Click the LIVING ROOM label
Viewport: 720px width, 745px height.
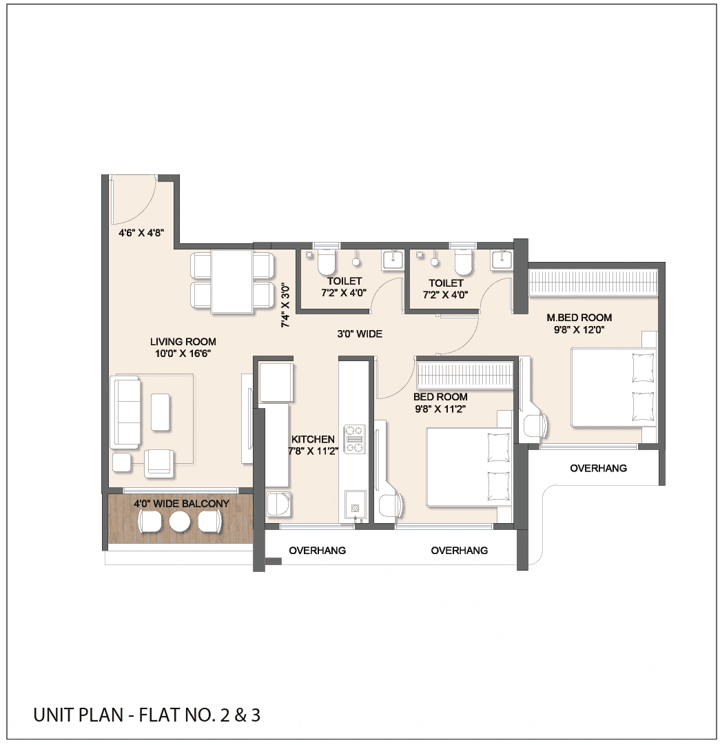click(x=183, y=341)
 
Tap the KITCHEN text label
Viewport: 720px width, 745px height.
click(x=313, y=439)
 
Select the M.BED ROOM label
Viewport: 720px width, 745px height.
click(x=579, y=318)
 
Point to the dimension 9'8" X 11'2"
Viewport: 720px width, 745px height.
click(x=440, y=409)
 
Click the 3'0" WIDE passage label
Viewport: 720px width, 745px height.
click(x=359, y=334)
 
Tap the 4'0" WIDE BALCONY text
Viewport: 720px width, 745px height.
click(x=181, y=504)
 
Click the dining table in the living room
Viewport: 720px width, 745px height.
click(x=232, y=281)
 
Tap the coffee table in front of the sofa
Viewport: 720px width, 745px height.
click(x=160, y=411)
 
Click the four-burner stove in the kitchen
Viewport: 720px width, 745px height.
click(x=354, y=438)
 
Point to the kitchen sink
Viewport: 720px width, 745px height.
click(x=355, y=505)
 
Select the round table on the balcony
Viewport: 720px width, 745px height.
click(x=180, y=522)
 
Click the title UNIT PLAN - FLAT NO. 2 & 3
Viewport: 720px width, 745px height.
click(x=147, y=715)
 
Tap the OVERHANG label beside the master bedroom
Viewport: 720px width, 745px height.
click(x=598, y=469)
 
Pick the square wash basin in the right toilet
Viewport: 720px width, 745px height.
click(x=502, y=261)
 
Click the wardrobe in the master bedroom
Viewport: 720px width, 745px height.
click(x=593, y=283)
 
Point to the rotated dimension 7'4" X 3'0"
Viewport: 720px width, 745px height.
click(x=285, y=305)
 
